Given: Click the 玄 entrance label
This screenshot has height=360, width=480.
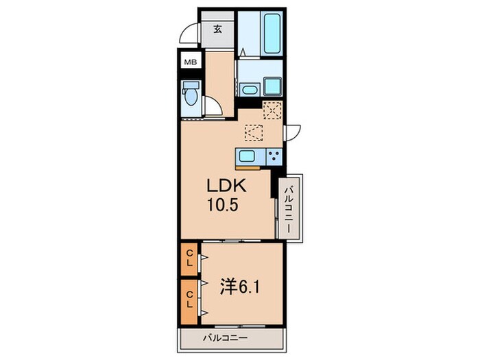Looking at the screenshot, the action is coord(217,29).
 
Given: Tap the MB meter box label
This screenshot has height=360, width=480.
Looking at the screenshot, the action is coord(191,62).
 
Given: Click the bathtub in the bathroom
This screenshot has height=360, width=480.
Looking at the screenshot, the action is coord(272,34).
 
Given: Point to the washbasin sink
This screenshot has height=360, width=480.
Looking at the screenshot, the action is coord(250,90).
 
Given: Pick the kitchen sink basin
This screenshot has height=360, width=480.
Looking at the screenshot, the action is coord(247,157).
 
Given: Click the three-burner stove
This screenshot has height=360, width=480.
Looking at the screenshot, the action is coord(274,157).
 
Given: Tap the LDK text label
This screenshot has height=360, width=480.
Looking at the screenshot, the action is coord(226,186).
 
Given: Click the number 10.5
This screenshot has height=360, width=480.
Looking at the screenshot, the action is coord(223,205).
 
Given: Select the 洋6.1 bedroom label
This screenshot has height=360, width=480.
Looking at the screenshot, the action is coord(240,287).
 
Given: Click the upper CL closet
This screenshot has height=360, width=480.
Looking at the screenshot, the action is coord(189,259).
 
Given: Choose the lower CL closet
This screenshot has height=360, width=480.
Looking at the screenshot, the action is coord(189,302).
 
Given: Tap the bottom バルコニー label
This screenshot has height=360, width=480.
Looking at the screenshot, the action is coord(226,338).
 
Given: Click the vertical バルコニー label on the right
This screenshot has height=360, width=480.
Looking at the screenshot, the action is coord(289,210).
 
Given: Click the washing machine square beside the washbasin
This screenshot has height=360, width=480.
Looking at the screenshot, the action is coord(272,86).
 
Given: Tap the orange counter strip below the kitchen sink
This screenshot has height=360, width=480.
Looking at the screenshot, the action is coord(248,167).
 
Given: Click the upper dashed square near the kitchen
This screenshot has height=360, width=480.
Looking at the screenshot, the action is coord(272,110).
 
